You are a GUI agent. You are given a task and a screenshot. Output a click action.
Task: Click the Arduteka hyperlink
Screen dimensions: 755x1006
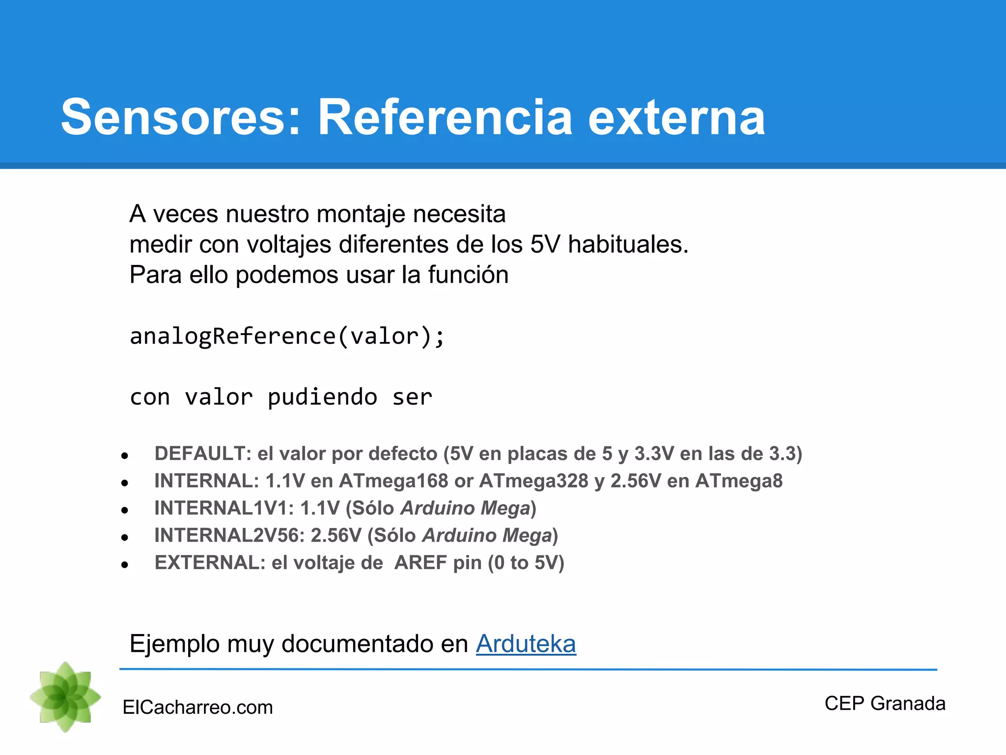click(526, 644)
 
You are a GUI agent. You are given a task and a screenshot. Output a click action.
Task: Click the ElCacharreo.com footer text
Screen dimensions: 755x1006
click(197, 707)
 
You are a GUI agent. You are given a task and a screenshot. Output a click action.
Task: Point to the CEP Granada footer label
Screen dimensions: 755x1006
click(885, 703)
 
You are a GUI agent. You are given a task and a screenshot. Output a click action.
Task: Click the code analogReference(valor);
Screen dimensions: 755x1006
click(287, 337)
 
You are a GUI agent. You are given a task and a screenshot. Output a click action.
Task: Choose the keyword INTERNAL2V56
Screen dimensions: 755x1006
click(229, 535)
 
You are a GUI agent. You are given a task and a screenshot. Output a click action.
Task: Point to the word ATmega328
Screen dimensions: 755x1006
click(533, 481)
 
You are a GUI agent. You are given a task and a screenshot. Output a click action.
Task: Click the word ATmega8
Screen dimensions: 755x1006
click(739, 481)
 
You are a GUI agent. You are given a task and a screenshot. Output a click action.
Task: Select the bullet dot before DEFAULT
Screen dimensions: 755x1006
click(125, 456)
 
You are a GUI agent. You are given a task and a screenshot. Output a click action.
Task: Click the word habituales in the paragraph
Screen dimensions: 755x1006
click(628, 244)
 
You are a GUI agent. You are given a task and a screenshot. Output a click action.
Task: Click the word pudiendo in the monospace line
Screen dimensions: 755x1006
click(322, 397)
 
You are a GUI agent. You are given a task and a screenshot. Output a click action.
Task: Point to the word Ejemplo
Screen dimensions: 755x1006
click(174, 644)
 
